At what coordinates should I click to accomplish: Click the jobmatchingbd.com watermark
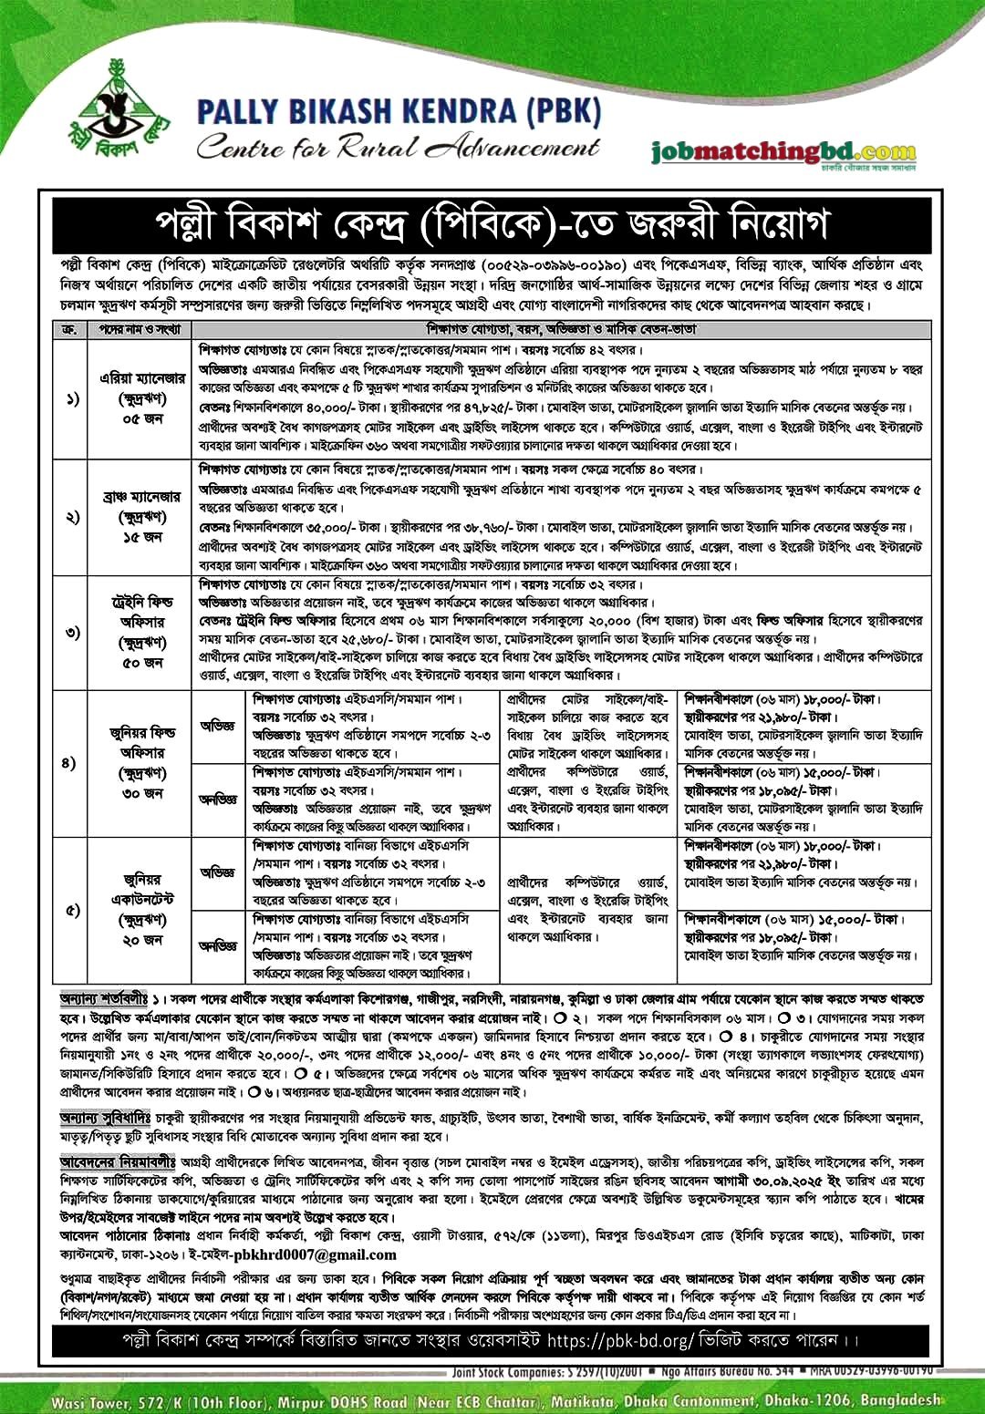click(783, 152)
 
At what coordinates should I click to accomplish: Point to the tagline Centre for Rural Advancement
click(399, 146)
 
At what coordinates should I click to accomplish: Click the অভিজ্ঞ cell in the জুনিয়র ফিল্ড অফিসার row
click(218, 727)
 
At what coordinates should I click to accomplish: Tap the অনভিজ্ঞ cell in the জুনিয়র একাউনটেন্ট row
click(218, 946)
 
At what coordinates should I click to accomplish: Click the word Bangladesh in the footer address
click(898, 1399)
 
